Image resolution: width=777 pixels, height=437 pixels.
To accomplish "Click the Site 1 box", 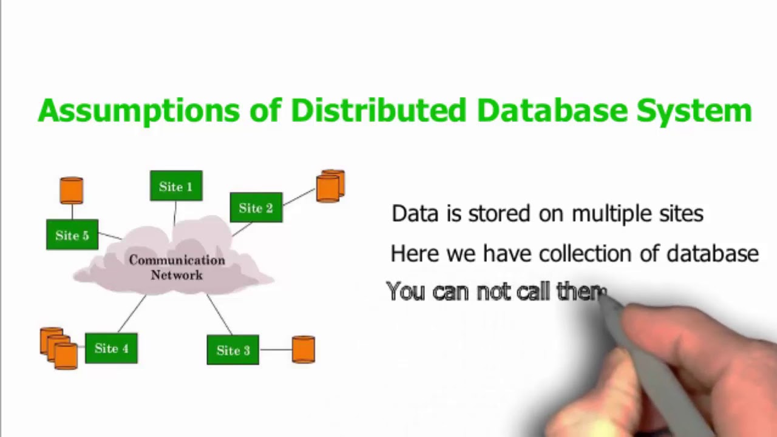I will pos(176,186).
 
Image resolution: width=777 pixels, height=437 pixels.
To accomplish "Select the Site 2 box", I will pos(256,208).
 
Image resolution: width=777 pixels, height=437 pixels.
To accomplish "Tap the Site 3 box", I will pos(233,350).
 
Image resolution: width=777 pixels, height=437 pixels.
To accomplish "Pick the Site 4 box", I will pos(111,348).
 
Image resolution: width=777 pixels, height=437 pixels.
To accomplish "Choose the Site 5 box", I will pos(72,235).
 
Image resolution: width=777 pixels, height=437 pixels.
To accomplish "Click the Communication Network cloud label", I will pos(177,268).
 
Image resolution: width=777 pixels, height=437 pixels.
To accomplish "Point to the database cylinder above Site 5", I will pos(72,190).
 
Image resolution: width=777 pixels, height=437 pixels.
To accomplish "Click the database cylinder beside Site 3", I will pos(304,350).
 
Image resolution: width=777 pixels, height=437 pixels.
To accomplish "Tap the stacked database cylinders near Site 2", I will pos(330,186).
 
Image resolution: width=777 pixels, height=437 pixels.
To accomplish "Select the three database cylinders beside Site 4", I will pos(59,348).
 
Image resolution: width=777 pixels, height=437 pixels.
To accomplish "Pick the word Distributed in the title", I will pos(378,110).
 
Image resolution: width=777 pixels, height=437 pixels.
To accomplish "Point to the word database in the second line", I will pos(713,254).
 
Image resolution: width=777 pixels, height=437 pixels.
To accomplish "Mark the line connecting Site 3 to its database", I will pos(276,350).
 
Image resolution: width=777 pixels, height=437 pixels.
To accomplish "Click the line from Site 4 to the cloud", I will pos(132,314).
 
